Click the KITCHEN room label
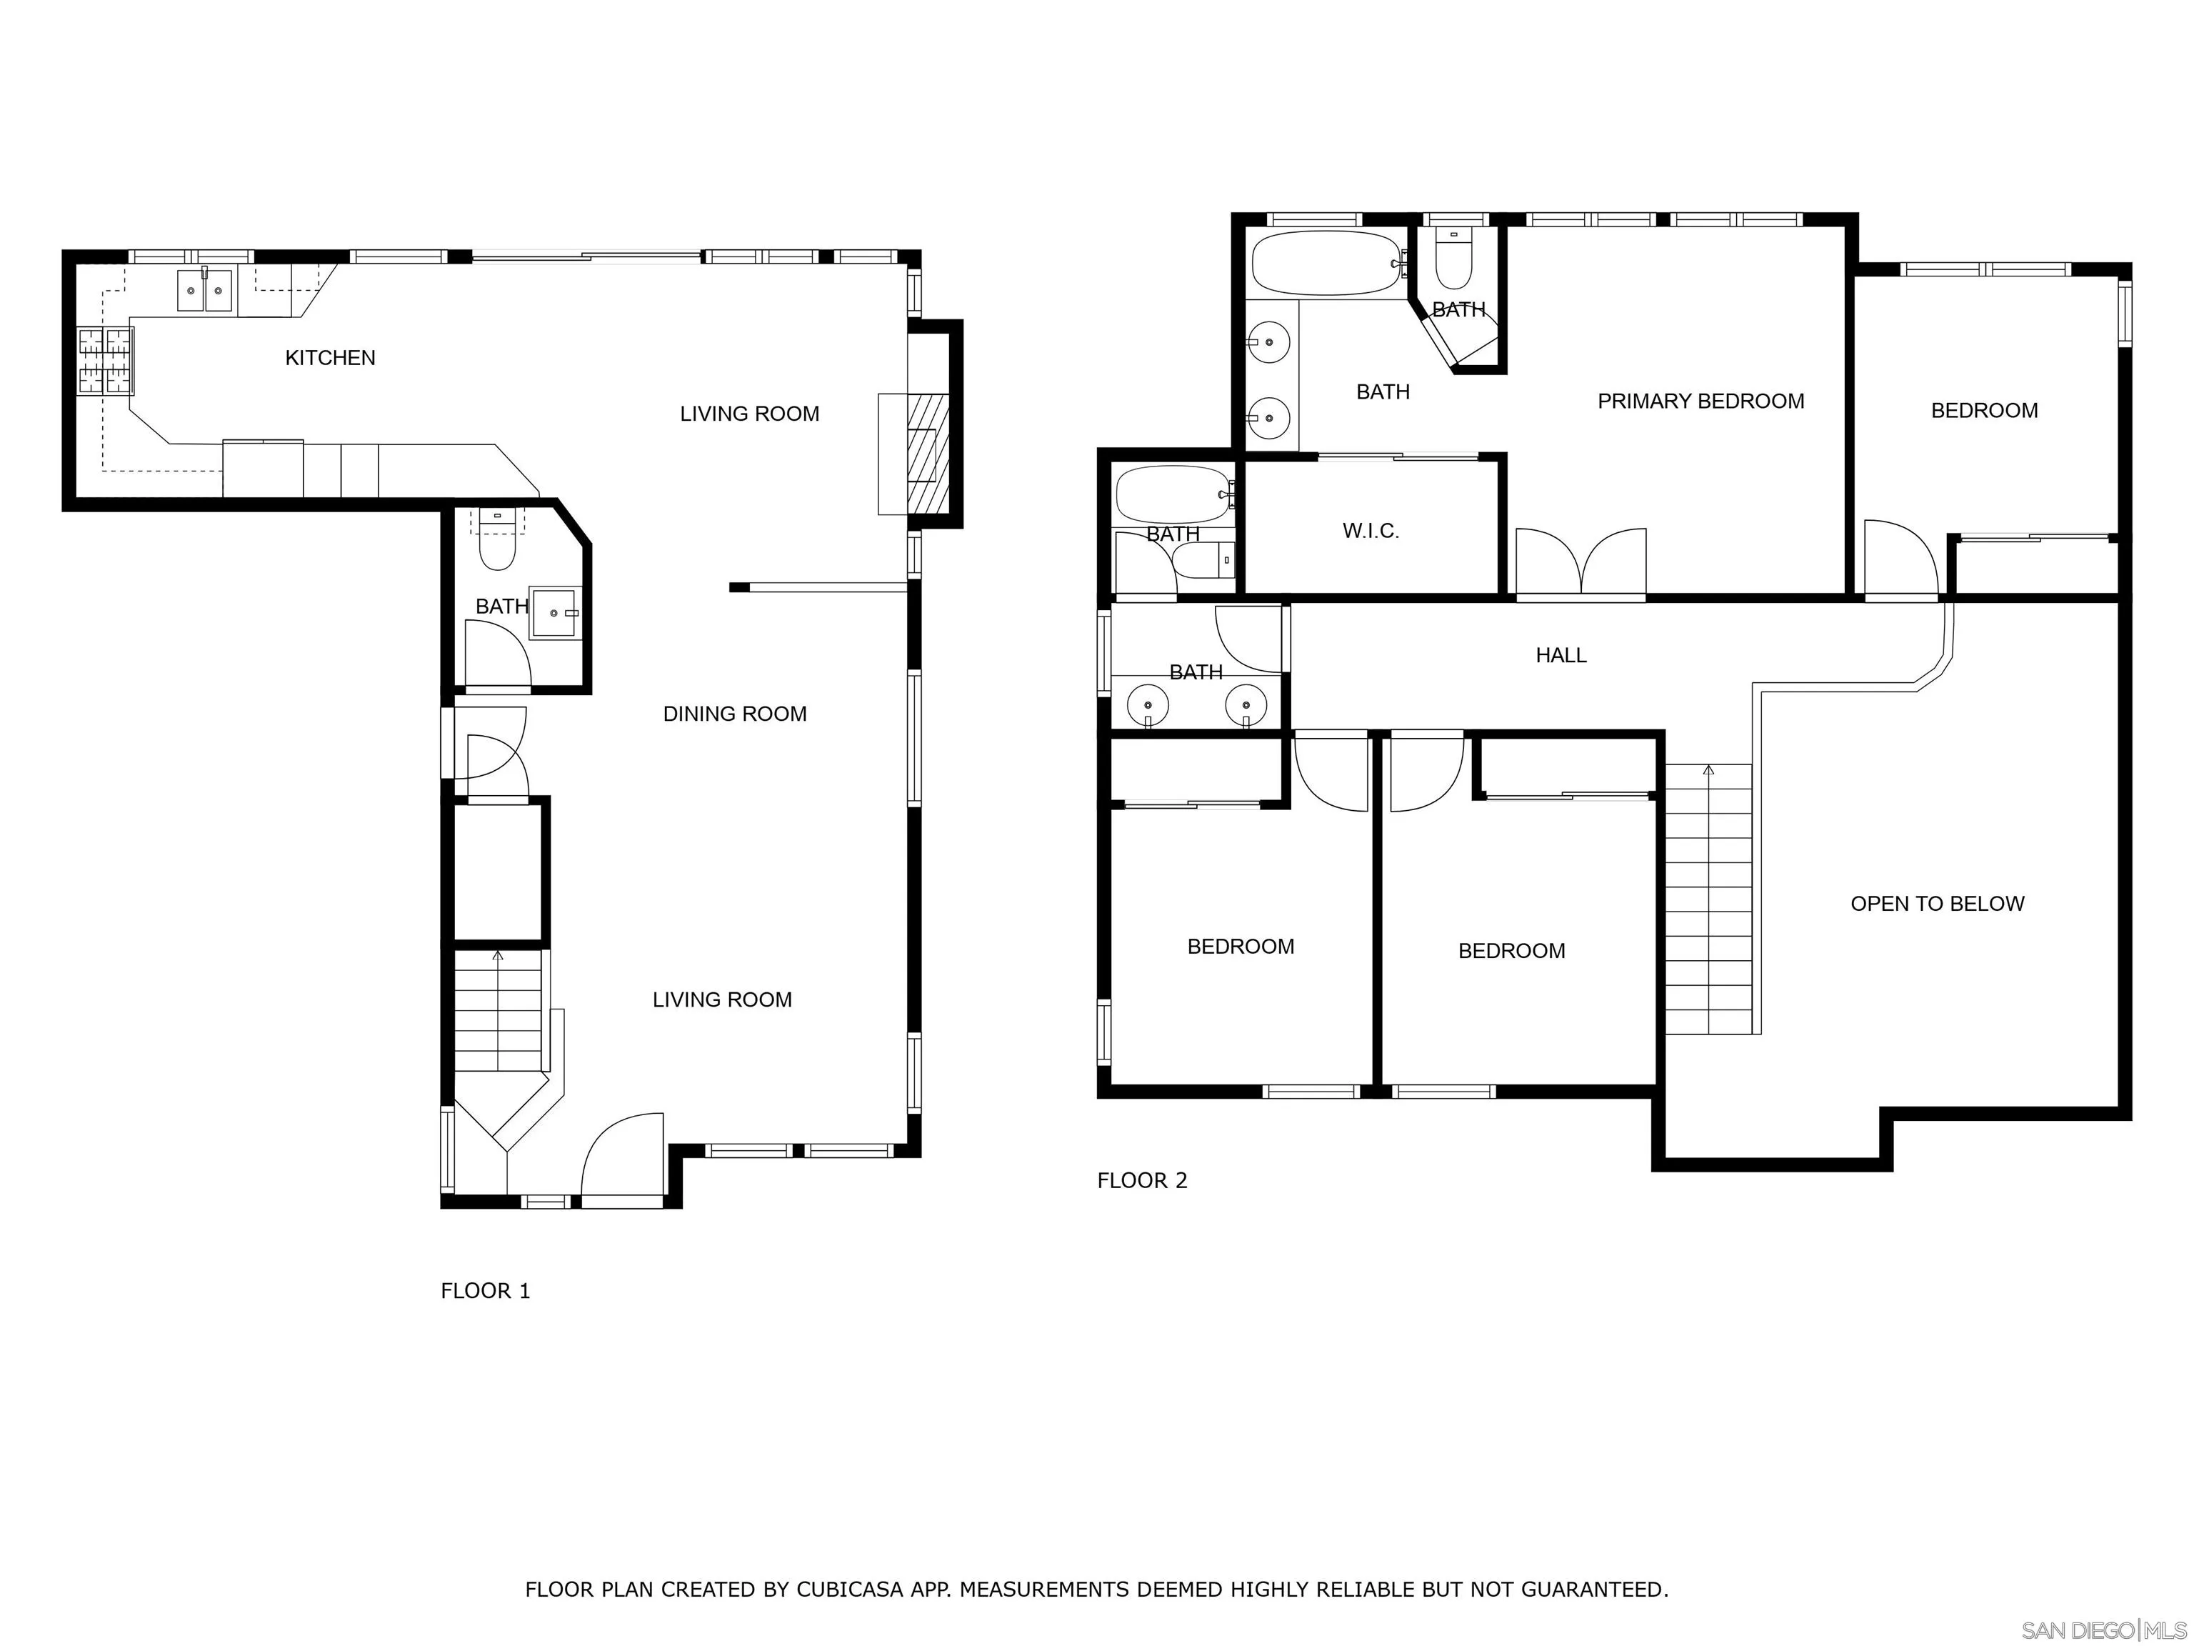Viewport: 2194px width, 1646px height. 330,358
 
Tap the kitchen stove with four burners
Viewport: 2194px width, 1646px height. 105,361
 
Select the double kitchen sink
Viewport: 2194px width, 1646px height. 204,291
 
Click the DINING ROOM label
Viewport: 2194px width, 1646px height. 734,714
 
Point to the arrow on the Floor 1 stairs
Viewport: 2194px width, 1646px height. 498,957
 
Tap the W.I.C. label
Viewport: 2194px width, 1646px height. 1371,531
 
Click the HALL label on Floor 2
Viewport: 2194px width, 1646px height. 1561,655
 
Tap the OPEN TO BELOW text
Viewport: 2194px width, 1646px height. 1936,904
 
